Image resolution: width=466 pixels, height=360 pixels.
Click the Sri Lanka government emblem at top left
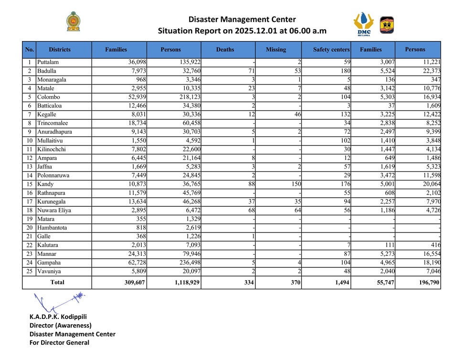pyautogui.click(x=73, y=22)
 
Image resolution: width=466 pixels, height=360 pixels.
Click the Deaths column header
pyautogui.click(x=225, y=49)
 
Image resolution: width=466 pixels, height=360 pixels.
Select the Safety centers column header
pyautogui.click(x=331, y=49)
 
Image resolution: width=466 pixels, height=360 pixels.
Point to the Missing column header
pyautogui.click(x=276, y=49)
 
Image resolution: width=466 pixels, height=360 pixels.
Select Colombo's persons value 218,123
pyautogui.click(x=188, y=97)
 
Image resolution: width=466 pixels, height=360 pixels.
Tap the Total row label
pyautogui.click(x=57, y=283)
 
